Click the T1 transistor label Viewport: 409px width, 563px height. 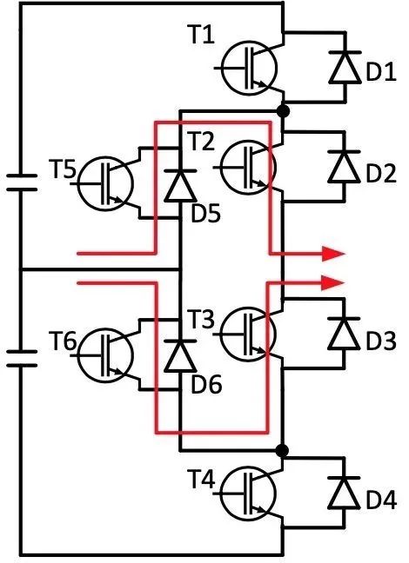pos(201,35)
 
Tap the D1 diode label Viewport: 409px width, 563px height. pos(381,71)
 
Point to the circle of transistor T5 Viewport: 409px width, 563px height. pos(106,183)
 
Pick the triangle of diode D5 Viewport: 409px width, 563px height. pos(180,186)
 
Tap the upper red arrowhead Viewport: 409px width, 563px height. pos(333,254)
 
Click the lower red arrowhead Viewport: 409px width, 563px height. pos(333,283)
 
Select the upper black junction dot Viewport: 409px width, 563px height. pos(283,111)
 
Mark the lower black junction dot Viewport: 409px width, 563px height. pos(283,450)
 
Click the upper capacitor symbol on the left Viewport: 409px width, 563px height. pos(22,182)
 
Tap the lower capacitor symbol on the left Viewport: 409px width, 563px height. pos(22,358)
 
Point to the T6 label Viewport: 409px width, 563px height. pos(63,341)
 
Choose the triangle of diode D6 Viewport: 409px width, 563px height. pos(180,356)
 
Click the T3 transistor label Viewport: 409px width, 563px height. pos(201,319)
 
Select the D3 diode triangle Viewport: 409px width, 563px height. pos(345,334)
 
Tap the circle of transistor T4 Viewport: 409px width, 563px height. pos(248,493)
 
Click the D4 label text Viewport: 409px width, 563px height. pos(381,500)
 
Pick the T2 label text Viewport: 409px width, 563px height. pos(201,141)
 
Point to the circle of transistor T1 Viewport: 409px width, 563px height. pos(249,68)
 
